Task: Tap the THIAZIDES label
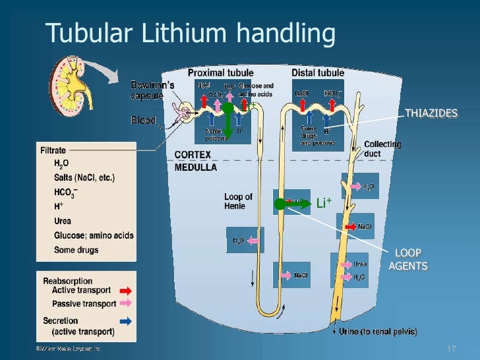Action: pos(431,113)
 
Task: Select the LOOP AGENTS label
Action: pos(407,259)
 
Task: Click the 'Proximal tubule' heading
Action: pos(220,73)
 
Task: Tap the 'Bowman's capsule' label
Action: pos(151,90)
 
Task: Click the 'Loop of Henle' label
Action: pos(238,201)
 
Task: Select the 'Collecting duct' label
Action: pos(382,148)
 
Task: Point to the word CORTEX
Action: pos(193,154)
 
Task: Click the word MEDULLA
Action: pos(195,167)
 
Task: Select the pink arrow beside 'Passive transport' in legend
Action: pos(126,303)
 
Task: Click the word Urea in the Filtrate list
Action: pos(63,222)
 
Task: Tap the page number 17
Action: pos(452,348)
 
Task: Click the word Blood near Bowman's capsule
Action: pos(143,121)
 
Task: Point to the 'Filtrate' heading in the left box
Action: pos(54,150)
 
